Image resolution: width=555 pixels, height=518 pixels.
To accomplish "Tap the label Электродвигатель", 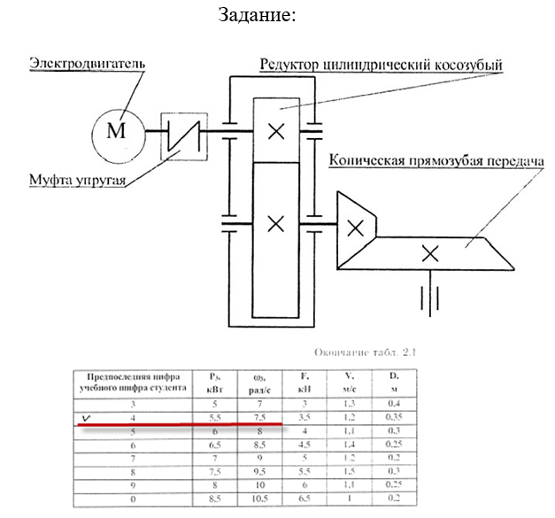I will pos(86,65).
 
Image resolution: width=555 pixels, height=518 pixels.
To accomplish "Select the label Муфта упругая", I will pos(74,182).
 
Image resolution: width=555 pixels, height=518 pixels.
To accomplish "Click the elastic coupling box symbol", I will pos(184,135).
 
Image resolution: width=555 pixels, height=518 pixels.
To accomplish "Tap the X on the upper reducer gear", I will pos(276,131).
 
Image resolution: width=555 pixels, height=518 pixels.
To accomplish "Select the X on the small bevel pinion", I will pos(355,227).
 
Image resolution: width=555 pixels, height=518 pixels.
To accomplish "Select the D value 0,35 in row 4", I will pos(394,415).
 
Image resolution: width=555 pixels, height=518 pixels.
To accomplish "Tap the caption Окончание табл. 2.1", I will pos(372,352).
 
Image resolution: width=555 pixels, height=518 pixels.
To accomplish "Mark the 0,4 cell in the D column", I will pos(394,402).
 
